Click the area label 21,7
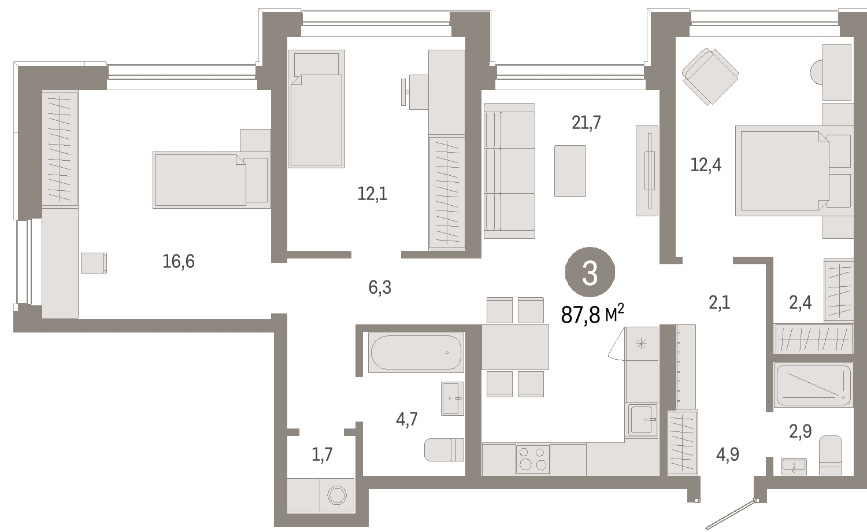point(587,123)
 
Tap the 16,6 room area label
point(179,261)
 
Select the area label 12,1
point(372,194)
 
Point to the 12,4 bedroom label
point(706,165)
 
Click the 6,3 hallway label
point(380,287)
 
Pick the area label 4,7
point(407,419)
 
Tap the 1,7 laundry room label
point(322,454)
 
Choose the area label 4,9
point(728,454)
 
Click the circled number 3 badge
point(590,272)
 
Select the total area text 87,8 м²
point(592,313)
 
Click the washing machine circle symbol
point(337,495)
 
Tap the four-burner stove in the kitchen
point(532,459)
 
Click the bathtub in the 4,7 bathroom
point(416,352)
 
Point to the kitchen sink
point(643,419)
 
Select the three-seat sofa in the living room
point(509,171)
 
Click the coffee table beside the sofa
point(570,171)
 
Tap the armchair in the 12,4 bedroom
point(710,76)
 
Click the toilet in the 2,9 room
point(831,455)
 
